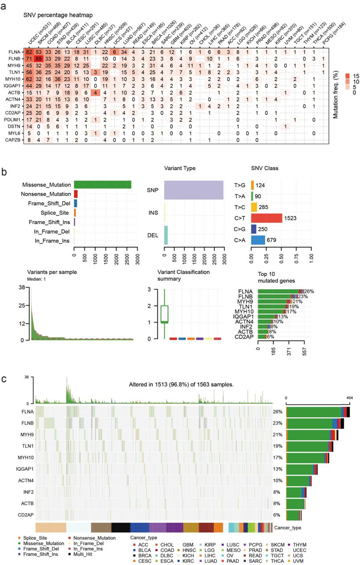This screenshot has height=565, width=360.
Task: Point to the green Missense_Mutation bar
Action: click(x=102, y=184)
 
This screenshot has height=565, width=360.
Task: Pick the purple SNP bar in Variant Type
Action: click(x=194, y=190)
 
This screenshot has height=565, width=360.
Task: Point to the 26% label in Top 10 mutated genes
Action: click(x=309, y=291)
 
